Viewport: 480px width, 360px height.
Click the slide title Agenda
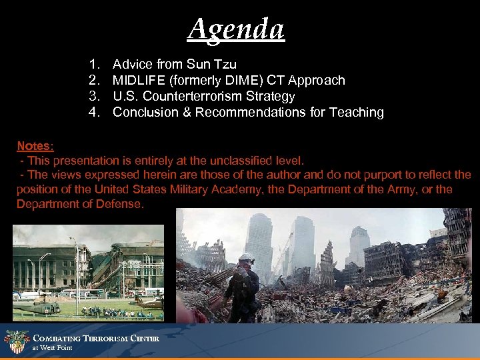[x=236, y=29]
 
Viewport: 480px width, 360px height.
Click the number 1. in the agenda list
[x=94, y=65]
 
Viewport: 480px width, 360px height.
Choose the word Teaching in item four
[x=357, y=113]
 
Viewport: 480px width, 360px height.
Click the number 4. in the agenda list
[x=94, y=113]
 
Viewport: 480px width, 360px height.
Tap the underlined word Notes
[x=34, y=145]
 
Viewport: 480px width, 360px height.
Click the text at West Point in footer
[x=53, y=348]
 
